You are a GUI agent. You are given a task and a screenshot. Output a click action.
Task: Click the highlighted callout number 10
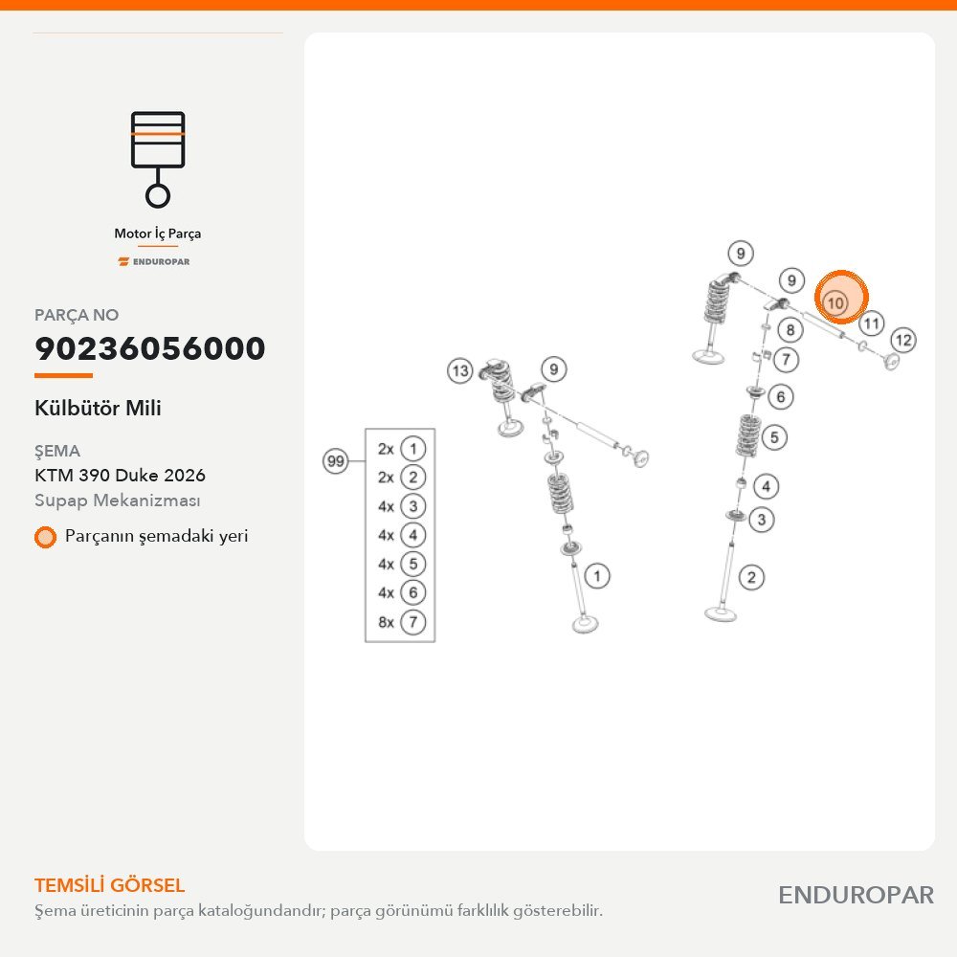835,302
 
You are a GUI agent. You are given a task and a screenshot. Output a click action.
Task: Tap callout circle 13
459,370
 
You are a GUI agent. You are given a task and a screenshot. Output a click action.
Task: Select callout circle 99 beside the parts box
335,461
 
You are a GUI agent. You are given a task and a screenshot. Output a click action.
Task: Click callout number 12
903,340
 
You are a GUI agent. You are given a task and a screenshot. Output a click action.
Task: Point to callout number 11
871,323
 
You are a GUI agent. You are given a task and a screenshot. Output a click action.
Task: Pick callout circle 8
790,330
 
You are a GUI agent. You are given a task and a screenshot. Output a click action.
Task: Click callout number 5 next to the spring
774,437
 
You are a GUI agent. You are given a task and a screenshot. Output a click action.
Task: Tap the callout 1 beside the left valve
597,575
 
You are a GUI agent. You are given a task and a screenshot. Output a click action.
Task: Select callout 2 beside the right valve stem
751,577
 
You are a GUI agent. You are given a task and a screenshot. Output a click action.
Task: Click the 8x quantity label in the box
386,622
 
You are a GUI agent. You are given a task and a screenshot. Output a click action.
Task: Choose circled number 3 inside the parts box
413,506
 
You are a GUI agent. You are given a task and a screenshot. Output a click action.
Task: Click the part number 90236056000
150,348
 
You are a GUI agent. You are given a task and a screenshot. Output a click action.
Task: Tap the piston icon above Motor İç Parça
158,159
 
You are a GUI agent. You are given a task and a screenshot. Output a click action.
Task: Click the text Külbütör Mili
98,408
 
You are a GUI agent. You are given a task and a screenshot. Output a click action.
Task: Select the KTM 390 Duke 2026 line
121,475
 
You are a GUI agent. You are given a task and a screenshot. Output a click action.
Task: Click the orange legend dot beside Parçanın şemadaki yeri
45,537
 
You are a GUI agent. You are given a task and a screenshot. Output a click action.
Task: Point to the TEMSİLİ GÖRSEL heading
110,885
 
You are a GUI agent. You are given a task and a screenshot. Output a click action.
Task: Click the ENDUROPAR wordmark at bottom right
856,896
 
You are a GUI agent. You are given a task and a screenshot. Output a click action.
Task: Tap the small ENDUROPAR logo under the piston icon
154,262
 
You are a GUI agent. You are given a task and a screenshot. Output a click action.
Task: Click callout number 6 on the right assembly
781,397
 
